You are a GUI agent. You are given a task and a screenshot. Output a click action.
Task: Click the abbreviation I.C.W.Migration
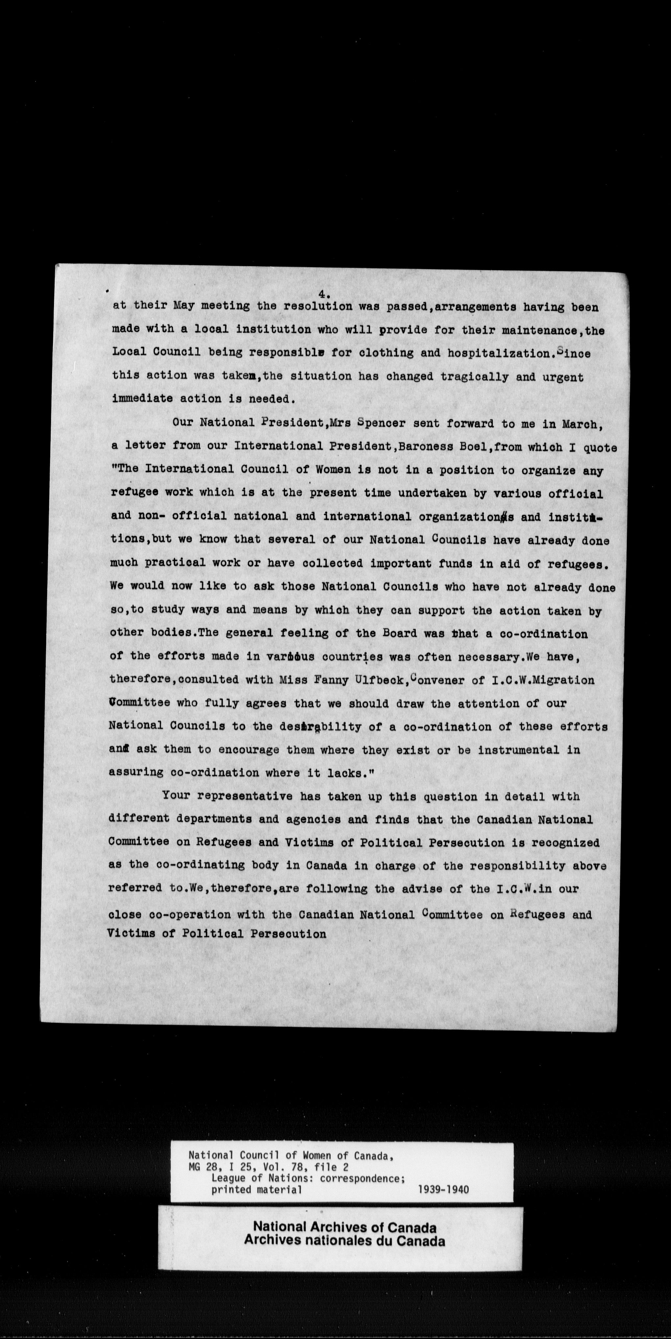pos(543,680)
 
